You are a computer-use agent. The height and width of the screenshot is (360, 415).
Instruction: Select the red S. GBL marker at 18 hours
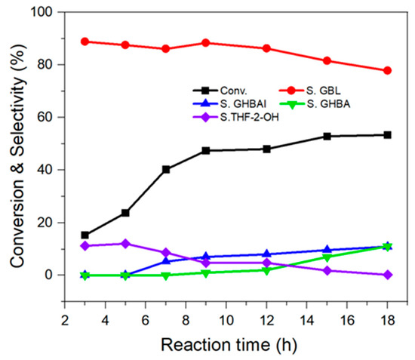tap(387, 70)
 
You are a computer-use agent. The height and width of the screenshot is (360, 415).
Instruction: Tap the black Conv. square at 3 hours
tap(85, 235)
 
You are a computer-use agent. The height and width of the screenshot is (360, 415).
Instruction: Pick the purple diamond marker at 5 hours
tap(125, 244)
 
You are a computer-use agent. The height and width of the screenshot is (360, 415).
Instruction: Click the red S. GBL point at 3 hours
tap(85, 42)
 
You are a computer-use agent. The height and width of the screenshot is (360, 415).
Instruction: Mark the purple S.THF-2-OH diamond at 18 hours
tap(387, 275)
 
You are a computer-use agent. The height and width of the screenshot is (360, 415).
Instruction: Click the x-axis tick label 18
tap(387, 321)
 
